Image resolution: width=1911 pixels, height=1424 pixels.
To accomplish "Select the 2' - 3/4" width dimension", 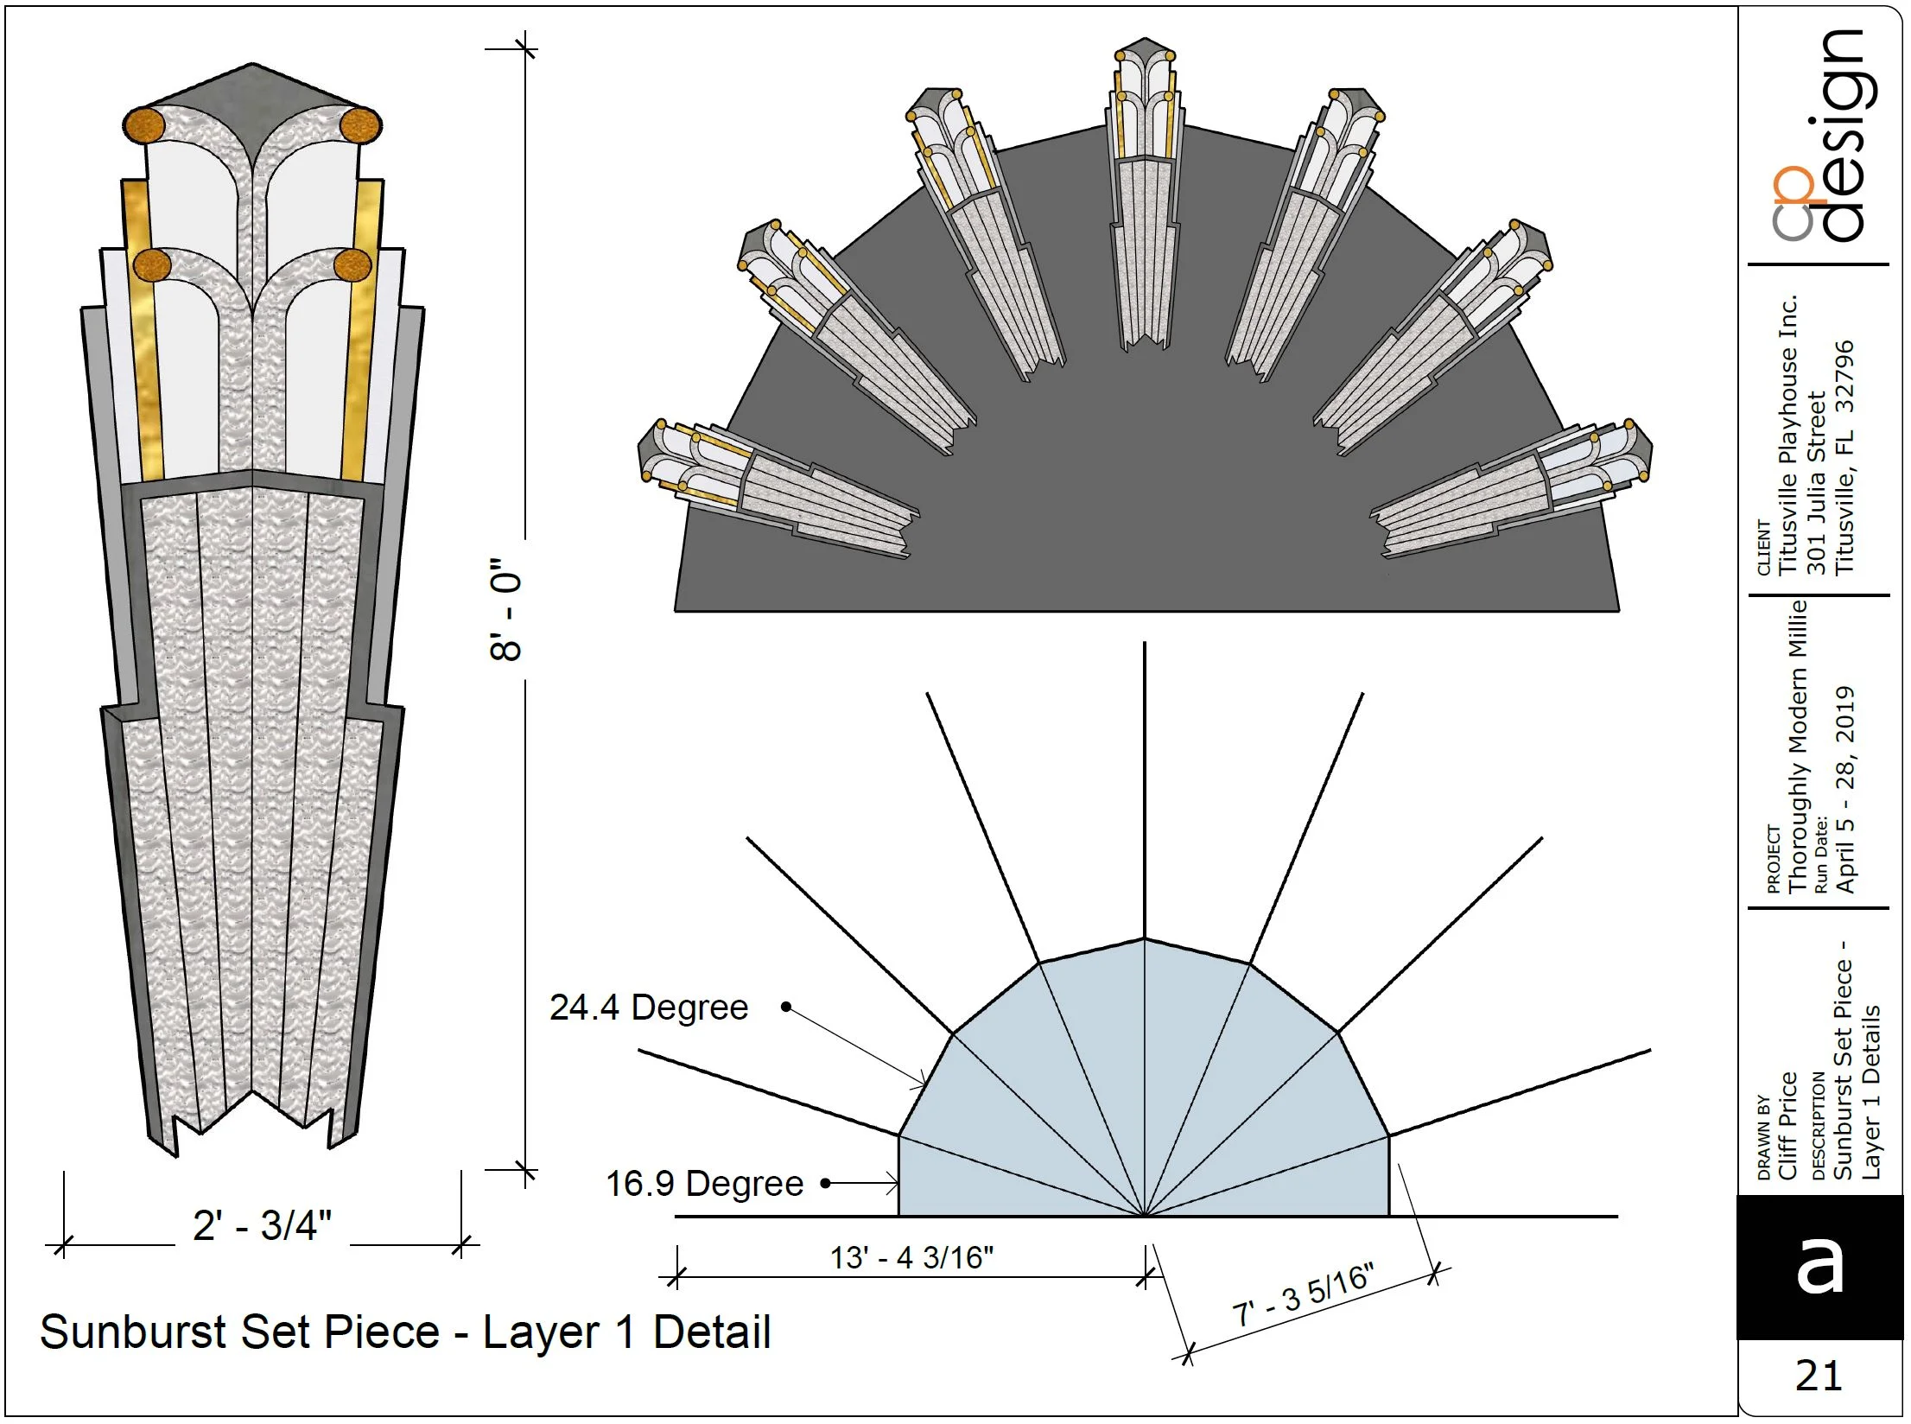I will click(262, 1225).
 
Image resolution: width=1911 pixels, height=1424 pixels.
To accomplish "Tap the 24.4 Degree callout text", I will click(649, 1008).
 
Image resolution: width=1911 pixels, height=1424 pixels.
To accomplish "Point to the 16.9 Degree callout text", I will click(704, 1184).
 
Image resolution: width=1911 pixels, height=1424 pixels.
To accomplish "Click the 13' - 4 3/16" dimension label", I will click(911, 1257).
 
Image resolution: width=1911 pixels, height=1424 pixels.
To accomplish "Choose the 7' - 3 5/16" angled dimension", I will click(1303, 1295).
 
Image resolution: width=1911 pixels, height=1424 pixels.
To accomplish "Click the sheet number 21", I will click(1819, 1376).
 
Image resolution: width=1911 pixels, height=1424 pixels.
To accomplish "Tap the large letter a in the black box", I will click(1819, 1267).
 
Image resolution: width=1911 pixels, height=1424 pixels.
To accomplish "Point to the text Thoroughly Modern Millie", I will click(1798, 747).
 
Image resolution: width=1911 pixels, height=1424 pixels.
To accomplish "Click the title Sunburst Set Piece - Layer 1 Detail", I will click(405, 1332).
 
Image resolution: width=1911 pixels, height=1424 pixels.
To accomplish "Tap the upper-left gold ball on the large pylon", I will click(143, 125).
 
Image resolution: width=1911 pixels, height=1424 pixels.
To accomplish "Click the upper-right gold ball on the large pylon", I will click(359, 124).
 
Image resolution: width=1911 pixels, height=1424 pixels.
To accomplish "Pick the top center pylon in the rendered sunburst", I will click(1145, 194).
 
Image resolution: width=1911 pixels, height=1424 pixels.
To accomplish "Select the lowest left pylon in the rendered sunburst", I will click(773, 488).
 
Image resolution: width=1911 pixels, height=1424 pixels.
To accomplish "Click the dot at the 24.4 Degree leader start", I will click(786, 1007).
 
